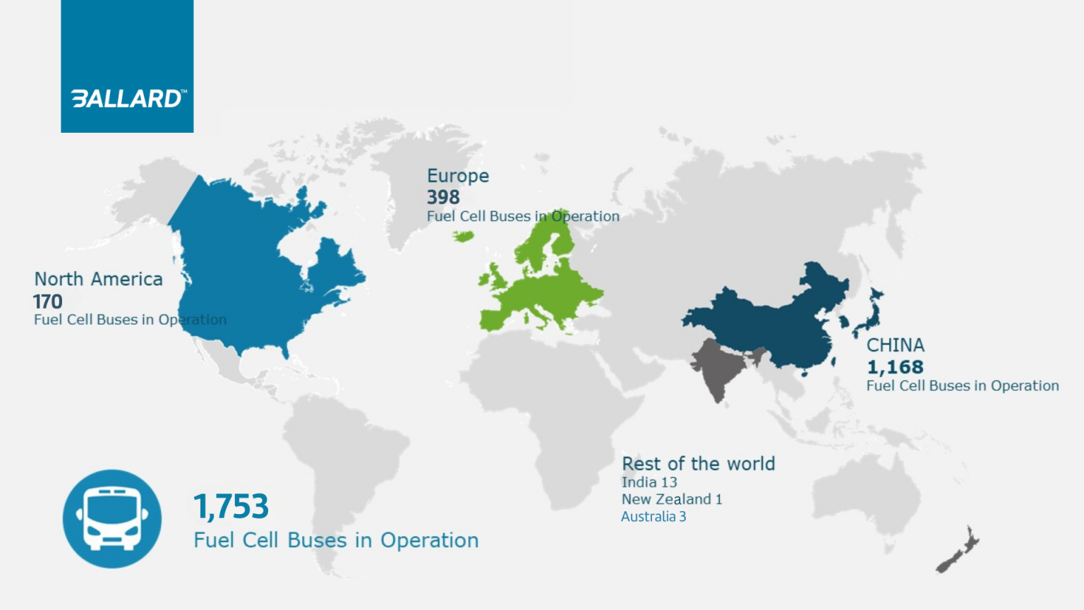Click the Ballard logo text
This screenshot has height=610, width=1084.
click(128, 98)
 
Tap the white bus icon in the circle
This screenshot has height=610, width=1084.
click(112, 519)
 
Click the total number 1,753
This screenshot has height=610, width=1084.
click(231, 506)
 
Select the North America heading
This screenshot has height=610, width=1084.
click(99, 280)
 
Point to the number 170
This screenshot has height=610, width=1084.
click(48, 301)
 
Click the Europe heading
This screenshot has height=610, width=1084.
click(458, 176)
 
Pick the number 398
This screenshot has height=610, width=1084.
click(443, 197)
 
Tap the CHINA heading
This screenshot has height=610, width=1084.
click(896, 345)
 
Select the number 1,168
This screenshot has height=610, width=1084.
click(895, 367)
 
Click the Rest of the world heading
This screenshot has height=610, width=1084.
click(698, 464)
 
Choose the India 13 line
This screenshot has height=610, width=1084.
click(649, 482)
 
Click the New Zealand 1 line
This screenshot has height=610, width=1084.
click(672, 499)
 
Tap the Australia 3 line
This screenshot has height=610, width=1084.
click(654, 516)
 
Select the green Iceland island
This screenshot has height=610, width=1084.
click(464, 237)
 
